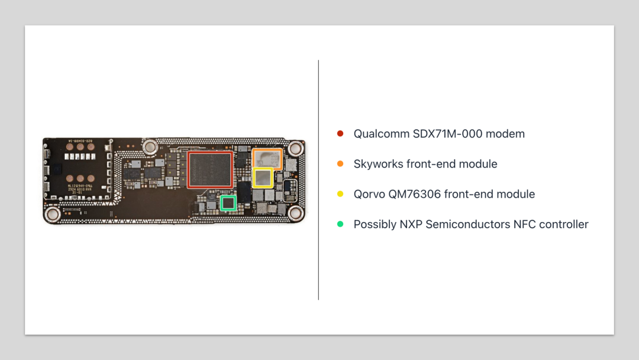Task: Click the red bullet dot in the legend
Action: [340, 134]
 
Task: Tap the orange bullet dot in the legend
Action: [340, 164]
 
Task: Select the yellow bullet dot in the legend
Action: [340, 194]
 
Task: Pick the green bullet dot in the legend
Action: [340, 224]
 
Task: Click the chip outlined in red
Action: [210, 169]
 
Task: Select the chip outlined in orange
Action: [267, 158]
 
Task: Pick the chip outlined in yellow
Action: [263, 178]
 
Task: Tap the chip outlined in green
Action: [228, 203]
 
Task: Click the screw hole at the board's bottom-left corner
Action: [52, 214]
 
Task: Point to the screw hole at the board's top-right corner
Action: [292, 149]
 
